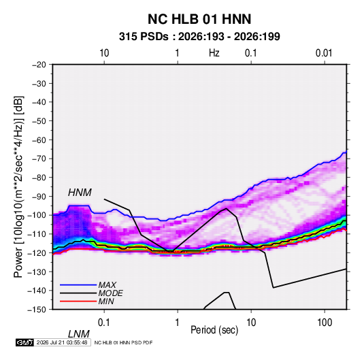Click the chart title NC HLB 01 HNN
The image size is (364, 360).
click(199, 19)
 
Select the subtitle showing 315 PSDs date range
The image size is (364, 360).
click(199, 37)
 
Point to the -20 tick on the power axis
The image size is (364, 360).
click(39, 65)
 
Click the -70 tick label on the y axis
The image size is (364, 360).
click(39, 159)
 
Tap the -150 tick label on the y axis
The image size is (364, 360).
click(37, 310)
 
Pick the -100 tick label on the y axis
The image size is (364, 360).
click(37, 215)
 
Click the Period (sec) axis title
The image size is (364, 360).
click(214, 330)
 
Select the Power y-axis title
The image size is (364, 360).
click(18, 187)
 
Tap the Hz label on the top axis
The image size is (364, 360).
click(214, 53)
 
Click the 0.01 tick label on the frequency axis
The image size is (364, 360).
click(324, 53)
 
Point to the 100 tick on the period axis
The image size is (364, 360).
click(325, 323)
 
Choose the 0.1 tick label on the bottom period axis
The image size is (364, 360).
click(103, 323)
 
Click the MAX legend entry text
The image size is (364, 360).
click(107, 284)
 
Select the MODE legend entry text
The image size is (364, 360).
click(110, 293)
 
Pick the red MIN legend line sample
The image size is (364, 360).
click(78, 301)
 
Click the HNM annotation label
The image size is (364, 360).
click(80, 193)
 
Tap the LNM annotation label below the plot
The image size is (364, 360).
click(78, 334)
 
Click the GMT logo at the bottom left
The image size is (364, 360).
click(25, 342)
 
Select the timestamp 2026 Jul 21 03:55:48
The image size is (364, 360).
click(62, 342)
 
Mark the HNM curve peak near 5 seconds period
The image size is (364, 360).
click(227, 208)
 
